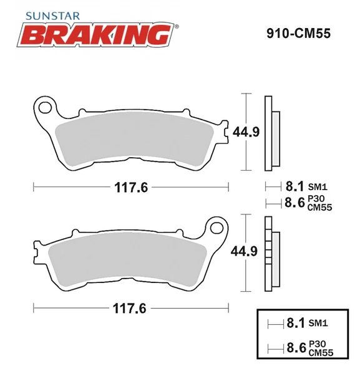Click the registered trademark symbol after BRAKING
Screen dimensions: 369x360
tap(176, 26)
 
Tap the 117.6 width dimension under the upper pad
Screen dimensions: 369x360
tap(131, 186)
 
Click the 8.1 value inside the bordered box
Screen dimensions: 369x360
tap(294, 323)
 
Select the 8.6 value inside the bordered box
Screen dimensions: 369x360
tap(294, 348)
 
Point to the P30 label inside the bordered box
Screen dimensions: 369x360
tap(316, 344)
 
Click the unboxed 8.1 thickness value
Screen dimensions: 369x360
tap(294, 186)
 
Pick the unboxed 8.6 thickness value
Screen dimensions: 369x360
tap(294, 202)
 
